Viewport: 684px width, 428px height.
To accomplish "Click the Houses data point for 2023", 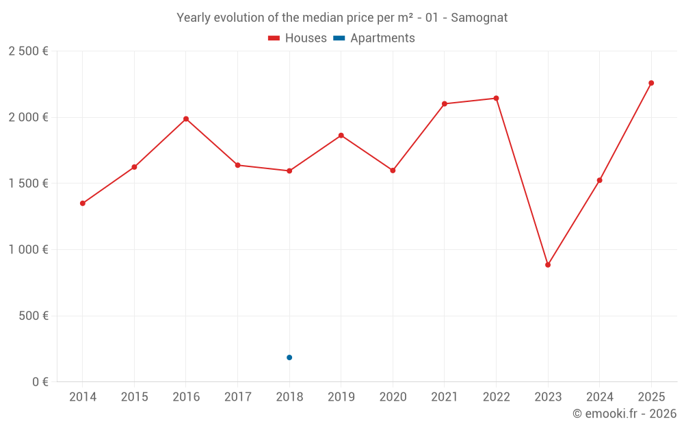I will [x=548, y=265].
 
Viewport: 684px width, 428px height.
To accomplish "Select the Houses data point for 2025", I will [x=651, y=83].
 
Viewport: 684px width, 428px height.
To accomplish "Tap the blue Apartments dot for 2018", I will [x=289, y=357].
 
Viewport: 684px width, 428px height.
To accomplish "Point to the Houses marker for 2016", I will [x=186, y=119].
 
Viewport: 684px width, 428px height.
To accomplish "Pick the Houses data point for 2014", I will [x=83, y=203].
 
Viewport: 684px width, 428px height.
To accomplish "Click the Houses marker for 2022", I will [x=496, y=99].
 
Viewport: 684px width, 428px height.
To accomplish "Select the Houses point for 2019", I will [x=341, y=136].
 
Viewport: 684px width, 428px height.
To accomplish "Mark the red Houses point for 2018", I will [x=289, y=171].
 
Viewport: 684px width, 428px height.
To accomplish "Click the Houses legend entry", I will [x=298, y=38].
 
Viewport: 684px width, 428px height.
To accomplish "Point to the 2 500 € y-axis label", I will [x=28, y=51].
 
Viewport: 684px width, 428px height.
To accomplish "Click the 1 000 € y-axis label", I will [x=28, y=250].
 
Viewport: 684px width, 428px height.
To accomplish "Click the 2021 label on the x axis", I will [x=445, y=397].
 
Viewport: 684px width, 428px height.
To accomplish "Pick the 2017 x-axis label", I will [x=237, y=397].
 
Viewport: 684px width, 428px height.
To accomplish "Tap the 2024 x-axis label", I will [x=600, y=397].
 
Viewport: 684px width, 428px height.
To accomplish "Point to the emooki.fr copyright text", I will [x=624, y=414].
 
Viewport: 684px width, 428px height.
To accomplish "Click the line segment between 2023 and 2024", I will [x=574, y=223].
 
